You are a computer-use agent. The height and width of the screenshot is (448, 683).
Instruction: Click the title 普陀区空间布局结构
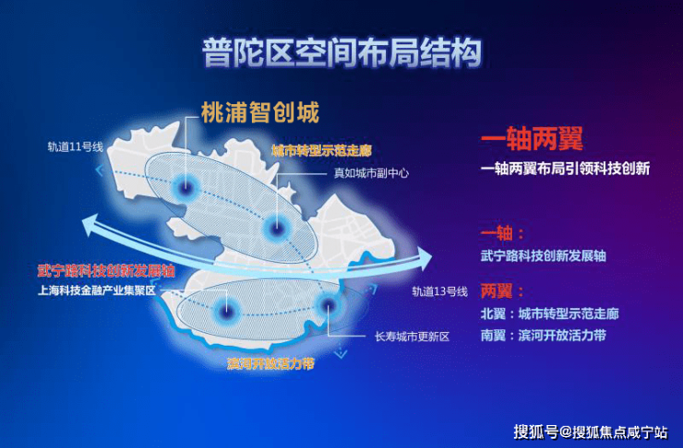pyautogui.click(x=341, y=53)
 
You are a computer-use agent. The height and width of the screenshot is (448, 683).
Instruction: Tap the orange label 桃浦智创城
pyautogui.click(x=260, y=112)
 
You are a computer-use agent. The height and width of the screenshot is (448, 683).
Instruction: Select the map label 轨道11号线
pyautogui.click(x=76, y=147)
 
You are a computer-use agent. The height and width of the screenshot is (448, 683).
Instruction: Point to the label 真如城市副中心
pyautogui.click(x=371, y=173)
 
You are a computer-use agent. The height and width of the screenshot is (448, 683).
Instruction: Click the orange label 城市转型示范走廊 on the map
pyautogui.click(x=321, y=150)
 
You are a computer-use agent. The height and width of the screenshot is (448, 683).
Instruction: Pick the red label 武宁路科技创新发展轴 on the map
pyautogui.click(x=106, y=270)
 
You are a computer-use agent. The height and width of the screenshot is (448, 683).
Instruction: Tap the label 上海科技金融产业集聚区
pyautogui.click(x=97, y=290)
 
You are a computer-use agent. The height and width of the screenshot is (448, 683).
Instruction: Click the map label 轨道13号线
pyautogui.click(x=439, y=291)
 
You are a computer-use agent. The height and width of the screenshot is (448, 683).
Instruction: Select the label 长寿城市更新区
pyautogui.click(x=412, y=336)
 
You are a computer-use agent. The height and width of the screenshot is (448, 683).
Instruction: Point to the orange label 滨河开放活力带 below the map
pyautogui.click(x=270, y=363)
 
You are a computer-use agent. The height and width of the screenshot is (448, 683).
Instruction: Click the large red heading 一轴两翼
pyautogui.click(x=532, y=139)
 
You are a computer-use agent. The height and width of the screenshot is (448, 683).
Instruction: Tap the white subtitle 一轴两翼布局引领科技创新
pyautogui.click(x=566, y=169)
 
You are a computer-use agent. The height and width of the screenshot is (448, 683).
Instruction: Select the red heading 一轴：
pyautogui.click(x=502, y=233)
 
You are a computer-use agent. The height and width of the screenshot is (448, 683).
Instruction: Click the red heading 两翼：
pyautogui.click(x=502, y=291)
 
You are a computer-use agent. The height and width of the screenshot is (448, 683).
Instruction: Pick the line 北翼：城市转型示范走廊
pyautogui.click(x=550, y=313)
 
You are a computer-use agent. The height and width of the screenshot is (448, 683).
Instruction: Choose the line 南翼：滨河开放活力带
pyautogui.click(x=544, y=336)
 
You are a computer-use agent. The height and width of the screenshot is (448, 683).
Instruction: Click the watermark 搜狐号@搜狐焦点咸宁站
pyautogui.click(x=590, y=432)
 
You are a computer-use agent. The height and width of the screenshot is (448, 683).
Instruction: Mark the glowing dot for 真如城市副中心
pyautogui.click(x=276, y=228)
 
